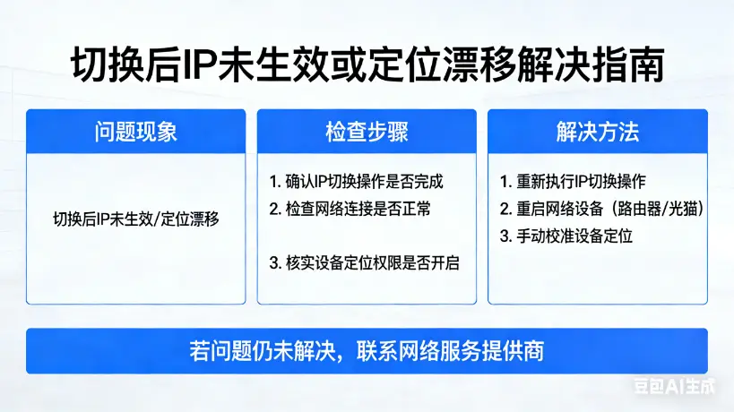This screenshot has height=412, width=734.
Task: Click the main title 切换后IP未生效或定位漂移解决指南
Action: pyautogui.click(x=367, y=64)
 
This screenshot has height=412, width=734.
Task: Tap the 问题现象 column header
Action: pyautogui.click(x=135, y=132)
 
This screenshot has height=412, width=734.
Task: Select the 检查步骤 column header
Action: pyautogui.click(x=367, y=132)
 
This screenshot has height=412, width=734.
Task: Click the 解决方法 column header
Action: pyautogui.click(x=598, y=132)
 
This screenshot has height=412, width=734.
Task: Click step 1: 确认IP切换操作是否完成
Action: pyautogui.click(x=357, y=182)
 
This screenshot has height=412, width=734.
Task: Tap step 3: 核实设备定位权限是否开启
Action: pyautogui.click(x=365, y=264)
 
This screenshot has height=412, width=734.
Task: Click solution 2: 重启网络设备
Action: pyautogui.click(x=551, y=210)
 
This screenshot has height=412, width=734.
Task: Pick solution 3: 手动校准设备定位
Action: pyautogui.click(x=566, y=237)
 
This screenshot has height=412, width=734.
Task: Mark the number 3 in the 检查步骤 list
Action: pyautogui.click(x=274, y=264)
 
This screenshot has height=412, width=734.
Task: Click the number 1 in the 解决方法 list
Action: pyautogui.click(x=505, y=182)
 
